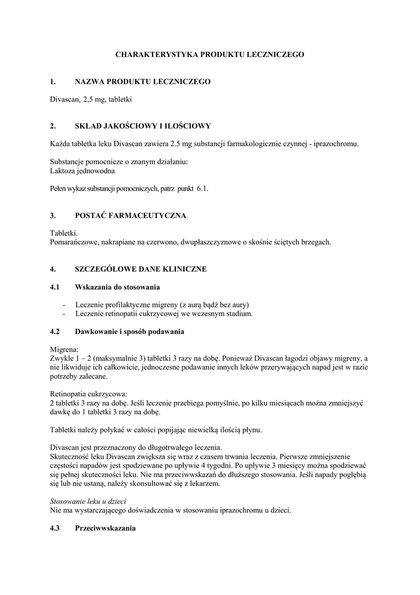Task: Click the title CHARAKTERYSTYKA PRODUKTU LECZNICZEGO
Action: [209, 54]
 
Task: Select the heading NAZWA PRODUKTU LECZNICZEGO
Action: [143, 82]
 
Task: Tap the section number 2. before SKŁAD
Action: [53, 126]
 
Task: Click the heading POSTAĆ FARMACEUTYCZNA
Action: [131, 216]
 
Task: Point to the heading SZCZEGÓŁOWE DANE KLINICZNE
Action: [140, 269]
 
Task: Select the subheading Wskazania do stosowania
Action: [118, 288]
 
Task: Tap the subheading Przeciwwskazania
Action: [106, 528]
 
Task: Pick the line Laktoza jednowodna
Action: [82, 171]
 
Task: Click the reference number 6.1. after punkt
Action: [202, 189]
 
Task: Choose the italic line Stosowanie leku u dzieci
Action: [88, 501]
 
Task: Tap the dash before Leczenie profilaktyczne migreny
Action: [64, 305]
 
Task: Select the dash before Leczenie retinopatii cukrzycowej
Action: [64, 314]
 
